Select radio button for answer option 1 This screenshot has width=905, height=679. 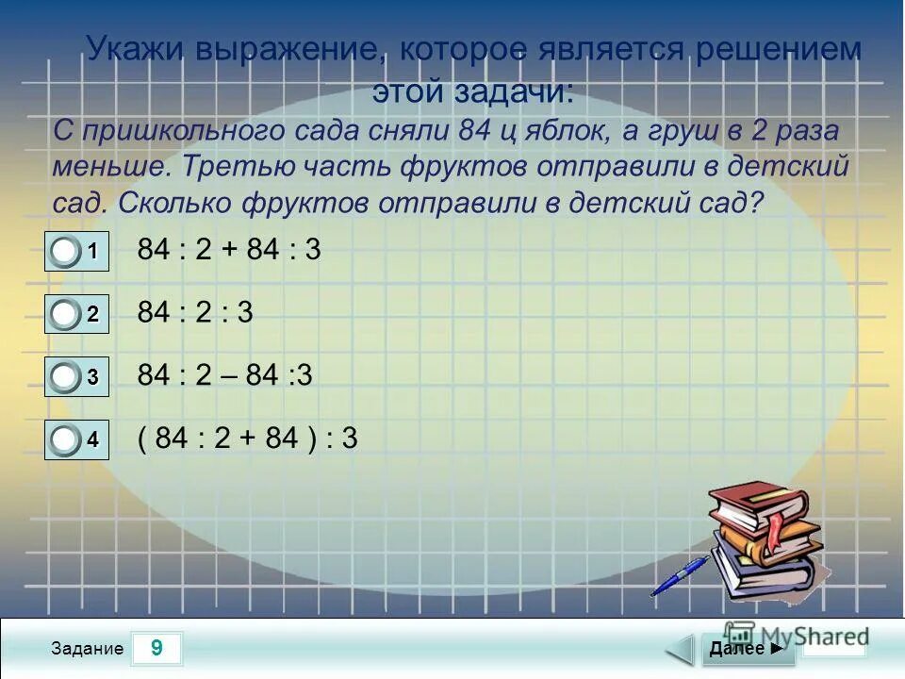coord(65,252)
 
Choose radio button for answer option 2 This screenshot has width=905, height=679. coord(65,315)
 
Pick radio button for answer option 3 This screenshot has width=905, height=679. coord(65,377)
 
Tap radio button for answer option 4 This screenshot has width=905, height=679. coord(65,439)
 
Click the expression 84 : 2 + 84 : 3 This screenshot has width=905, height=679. coord(229,250)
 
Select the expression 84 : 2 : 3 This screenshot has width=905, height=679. coord(195,312)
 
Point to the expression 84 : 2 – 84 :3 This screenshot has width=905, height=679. coord(224,375)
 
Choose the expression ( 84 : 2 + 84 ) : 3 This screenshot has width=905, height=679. coord(247,439)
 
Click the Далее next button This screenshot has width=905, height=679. coord(745,649)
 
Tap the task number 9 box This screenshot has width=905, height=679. coord(156,649)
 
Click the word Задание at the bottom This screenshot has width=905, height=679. coord(88,649)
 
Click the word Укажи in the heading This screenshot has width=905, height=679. coord(136,49)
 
